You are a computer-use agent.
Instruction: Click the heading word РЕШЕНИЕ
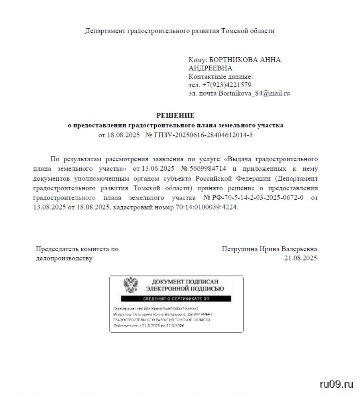175,115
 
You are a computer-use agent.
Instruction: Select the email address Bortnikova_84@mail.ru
254,94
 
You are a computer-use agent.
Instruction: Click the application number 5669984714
208,168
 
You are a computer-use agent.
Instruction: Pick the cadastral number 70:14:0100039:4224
207,207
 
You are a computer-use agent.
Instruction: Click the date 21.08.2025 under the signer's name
300,258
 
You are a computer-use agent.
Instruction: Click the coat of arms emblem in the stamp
131,285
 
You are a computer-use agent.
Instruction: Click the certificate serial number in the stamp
167,309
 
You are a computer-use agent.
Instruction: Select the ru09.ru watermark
336,384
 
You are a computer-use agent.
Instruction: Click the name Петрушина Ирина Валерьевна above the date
270,249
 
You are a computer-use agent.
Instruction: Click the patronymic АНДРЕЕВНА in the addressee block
210,68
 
